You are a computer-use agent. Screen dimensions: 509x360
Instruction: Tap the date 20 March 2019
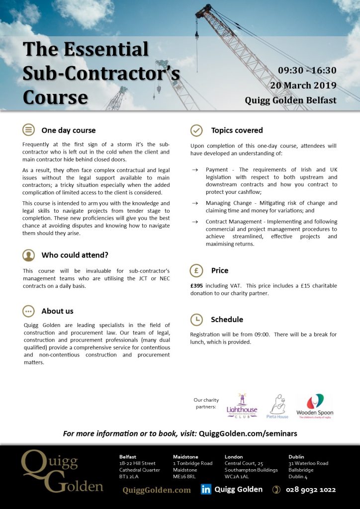[303, 85]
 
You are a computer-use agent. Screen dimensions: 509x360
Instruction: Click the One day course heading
[69, 130]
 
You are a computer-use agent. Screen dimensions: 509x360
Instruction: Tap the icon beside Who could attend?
[29, 255]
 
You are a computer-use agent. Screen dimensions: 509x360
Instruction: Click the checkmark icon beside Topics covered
[197, 130]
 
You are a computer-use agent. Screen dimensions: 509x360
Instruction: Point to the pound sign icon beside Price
[197, 270]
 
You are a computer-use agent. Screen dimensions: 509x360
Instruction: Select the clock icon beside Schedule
[197, 319]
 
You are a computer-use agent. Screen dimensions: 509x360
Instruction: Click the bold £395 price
[197, 286]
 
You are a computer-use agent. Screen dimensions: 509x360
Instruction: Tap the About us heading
[57, 311]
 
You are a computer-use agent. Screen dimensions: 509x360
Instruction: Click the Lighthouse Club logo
[242, 406]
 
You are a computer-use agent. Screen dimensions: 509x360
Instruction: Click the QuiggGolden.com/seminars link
[248, 433]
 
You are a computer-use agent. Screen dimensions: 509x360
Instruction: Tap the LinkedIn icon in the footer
[206, 490]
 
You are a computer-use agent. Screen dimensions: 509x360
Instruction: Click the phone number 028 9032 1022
[311, 490]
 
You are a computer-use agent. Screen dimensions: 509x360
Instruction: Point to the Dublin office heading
[296, 456]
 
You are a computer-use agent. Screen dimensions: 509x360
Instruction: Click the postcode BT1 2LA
[129, 477]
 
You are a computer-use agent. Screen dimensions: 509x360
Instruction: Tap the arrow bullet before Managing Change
[195, 203]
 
